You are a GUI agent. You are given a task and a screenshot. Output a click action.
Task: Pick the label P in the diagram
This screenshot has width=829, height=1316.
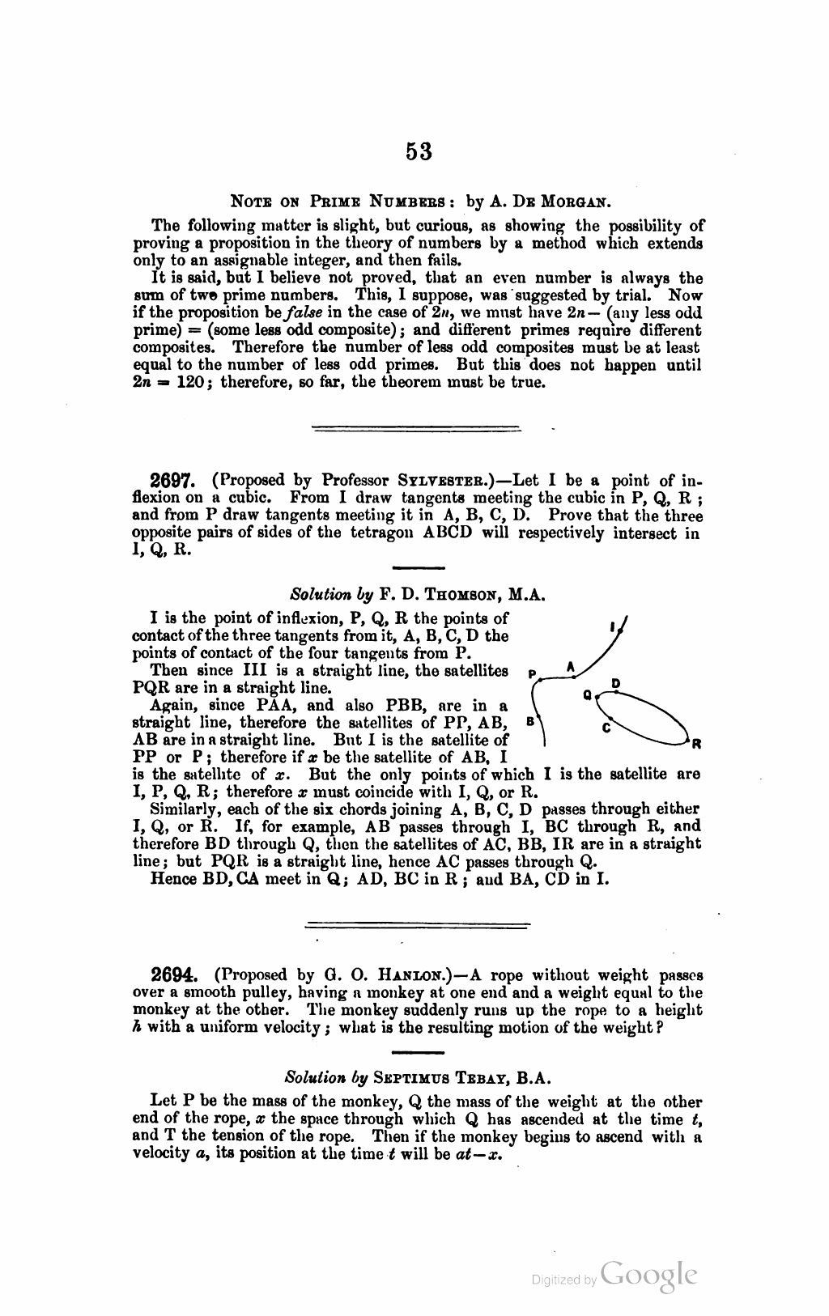pos(531,673)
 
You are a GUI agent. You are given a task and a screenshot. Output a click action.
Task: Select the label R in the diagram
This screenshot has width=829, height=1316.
pos(695,742)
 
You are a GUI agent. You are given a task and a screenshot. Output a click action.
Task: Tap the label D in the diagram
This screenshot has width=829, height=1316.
pos(615,685)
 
